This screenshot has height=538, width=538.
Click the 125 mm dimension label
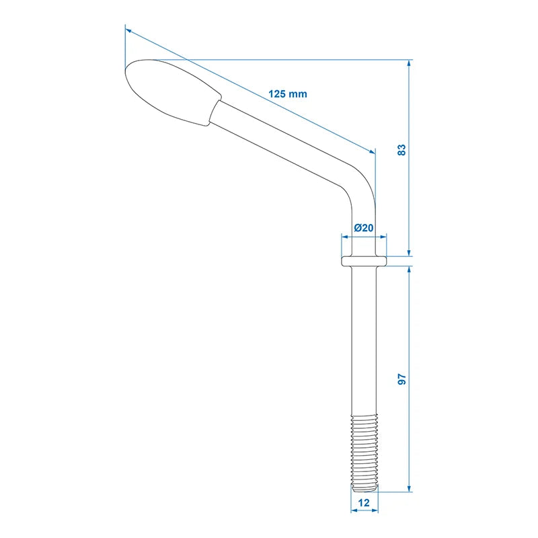tap(287, 94)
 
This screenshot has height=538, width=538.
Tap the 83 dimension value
tap(402, 149)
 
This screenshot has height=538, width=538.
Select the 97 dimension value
tap(402, 379)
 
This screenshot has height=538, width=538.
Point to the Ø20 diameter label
tap(363, 227)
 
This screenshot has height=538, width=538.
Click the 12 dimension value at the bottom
tap(364, 502)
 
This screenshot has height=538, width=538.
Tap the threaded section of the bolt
tap(364, 447)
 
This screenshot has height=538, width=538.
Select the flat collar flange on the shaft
tap(364, 260)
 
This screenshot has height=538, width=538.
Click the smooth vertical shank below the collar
tap(364, 336)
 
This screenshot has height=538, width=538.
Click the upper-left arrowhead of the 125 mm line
tap(128, 30)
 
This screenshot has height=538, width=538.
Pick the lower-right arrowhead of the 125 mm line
tap(372, 151)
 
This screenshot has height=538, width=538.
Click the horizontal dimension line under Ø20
tap(364, 237)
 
